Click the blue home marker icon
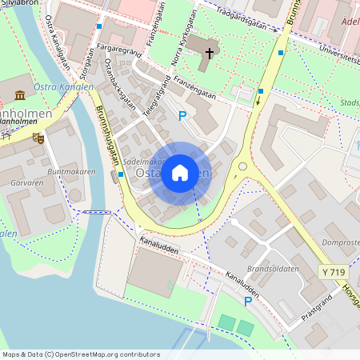coord(180,173)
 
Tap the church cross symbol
coord(210,54)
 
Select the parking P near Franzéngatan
coord(182,116)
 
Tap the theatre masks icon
coord(38,138)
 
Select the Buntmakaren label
coord(71,172)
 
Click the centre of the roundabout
coord(242,166)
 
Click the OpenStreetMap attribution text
coord(80,354)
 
